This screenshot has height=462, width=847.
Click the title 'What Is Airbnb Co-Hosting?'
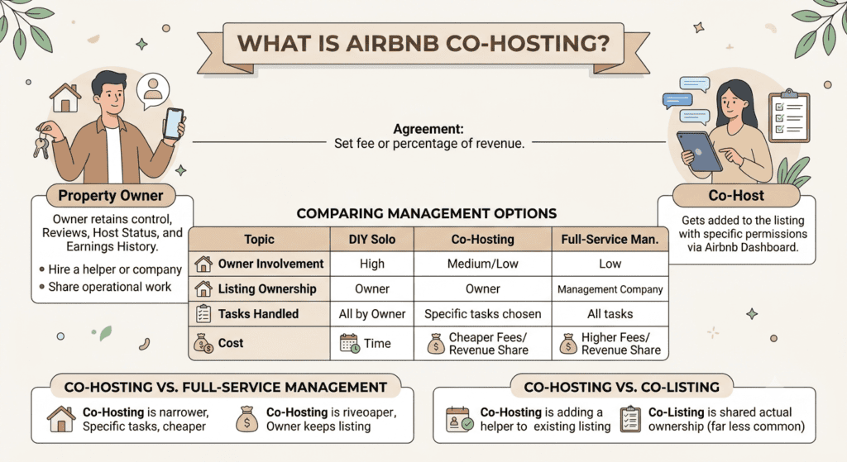[x=423, y=43]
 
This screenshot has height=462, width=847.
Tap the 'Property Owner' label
[x=111, y=195]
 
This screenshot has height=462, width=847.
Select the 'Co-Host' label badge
[x=736, y=195]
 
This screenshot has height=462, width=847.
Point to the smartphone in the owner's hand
[x=174, y=124]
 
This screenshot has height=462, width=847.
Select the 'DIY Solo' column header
[x=371, y=239]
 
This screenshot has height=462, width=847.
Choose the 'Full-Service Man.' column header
[x=610, y=239]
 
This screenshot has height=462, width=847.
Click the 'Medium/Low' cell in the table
[x=482, y=264]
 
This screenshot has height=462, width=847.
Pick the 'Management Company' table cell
[x=610, y=289]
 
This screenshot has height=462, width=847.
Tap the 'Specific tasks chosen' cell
[x=482, y=314]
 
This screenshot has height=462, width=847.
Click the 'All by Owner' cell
[x=371, y=314]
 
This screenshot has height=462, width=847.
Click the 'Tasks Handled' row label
[x=258, y=314]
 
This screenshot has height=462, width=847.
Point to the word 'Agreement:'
[x=428, y=129]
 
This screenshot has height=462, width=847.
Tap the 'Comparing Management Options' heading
[x=426, y=214]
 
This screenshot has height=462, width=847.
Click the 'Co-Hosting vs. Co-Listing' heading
[x=621, y=387]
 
